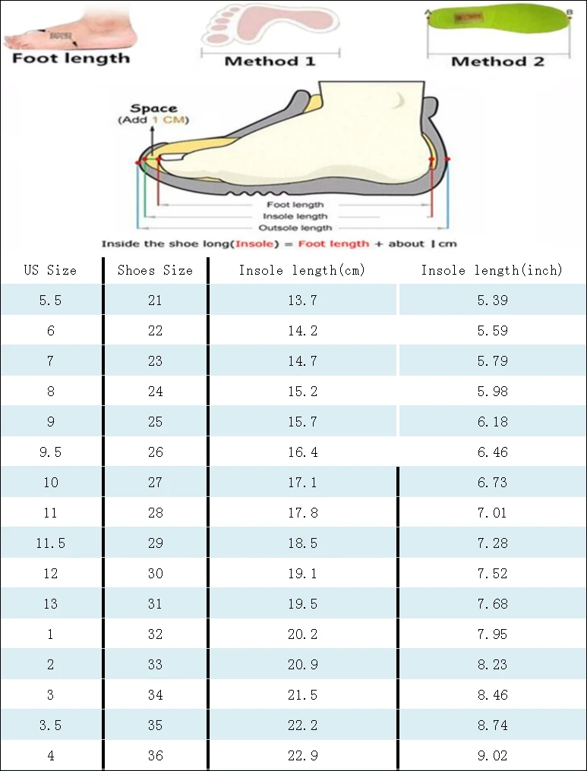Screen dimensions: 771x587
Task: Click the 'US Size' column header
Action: tap(50, 270)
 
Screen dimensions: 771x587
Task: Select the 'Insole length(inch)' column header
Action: tap(492, 270)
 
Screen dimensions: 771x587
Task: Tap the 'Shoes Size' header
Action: tap(155, 270)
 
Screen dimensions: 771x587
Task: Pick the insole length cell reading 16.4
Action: tap(302, 452)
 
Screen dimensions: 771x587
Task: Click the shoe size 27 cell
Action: tap(155, 483)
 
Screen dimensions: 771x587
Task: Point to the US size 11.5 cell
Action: tap(50, 543)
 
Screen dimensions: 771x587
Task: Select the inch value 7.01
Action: tap(492, 513)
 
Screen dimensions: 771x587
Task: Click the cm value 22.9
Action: tap(302, 756)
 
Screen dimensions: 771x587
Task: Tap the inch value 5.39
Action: tap(492, 301)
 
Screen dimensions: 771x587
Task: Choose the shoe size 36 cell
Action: tap(155, 756)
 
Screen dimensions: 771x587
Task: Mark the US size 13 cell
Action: tap(50, 604)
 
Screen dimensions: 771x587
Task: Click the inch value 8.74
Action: tap(492, 725)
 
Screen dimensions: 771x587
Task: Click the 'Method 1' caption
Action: tap(270, 61)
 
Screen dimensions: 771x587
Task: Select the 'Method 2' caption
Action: tap(497, 61)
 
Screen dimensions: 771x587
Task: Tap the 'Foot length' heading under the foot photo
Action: tap(71, 58)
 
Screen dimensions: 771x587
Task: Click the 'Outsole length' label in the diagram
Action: tap(295, 228)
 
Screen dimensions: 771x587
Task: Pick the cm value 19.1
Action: tap(302, 574)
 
